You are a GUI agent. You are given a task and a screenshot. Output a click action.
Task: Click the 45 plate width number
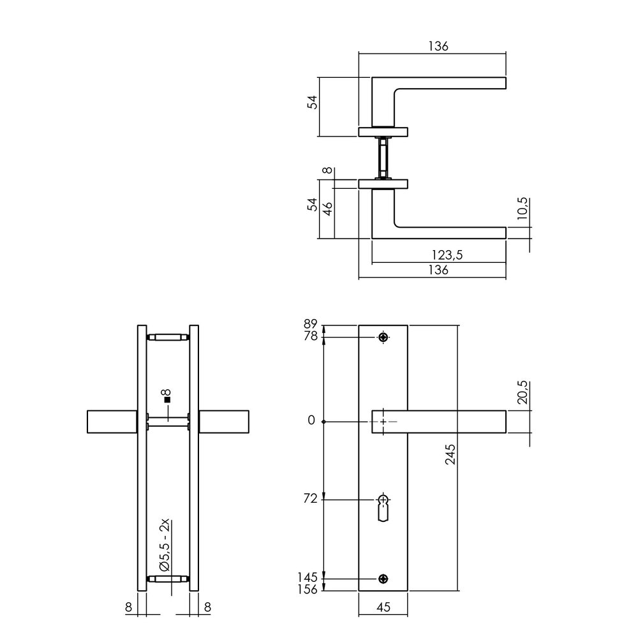pyautogui.click(x=383, y=609)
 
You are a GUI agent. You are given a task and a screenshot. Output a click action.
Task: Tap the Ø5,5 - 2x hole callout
pyautogui.click(x=164, y=545)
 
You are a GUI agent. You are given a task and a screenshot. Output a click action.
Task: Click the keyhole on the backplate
pyautogui.click(x=383, y=507)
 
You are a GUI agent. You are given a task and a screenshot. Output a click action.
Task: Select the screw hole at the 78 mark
pyautogui.click(x=383, y=338)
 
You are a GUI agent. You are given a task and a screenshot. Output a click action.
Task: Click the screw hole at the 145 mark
pyautogui.click(x=383, y=579)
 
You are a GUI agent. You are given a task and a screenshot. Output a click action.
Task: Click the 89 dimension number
pyautogui.click(x=310, y=323)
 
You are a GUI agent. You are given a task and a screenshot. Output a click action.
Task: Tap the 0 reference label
pyautogui.click(x=311, y=421)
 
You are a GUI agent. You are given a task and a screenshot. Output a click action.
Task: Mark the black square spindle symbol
pyautogui.click(x=168, y=401)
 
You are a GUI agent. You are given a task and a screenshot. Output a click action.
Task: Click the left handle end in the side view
pyautogui.click(x=111, y=422)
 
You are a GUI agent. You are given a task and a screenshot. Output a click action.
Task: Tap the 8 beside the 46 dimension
pyautogui.click(x=327, y=171)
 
